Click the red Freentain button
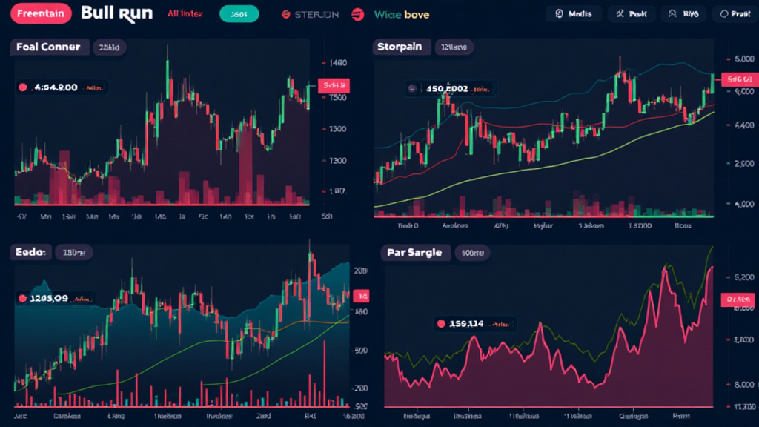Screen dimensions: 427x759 [x=41, y=14]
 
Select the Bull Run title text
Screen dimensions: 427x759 [x=116, y=13]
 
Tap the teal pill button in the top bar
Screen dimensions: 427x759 [x=239, y=14]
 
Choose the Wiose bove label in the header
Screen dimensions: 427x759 [x=401, y=15]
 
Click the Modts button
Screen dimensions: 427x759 [x=575, y=14]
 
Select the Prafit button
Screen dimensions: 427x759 [x=735, y=14]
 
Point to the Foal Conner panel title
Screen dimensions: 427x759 [x=49, y=47]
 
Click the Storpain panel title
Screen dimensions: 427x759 [x=399, y=47]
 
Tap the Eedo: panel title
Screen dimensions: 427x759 [x=31, y=253]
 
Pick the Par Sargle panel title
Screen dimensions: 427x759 [x=414, y=253]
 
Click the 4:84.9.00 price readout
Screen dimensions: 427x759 [x=61, y=87]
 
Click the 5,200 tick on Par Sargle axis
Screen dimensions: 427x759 [x=743, y=278]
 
